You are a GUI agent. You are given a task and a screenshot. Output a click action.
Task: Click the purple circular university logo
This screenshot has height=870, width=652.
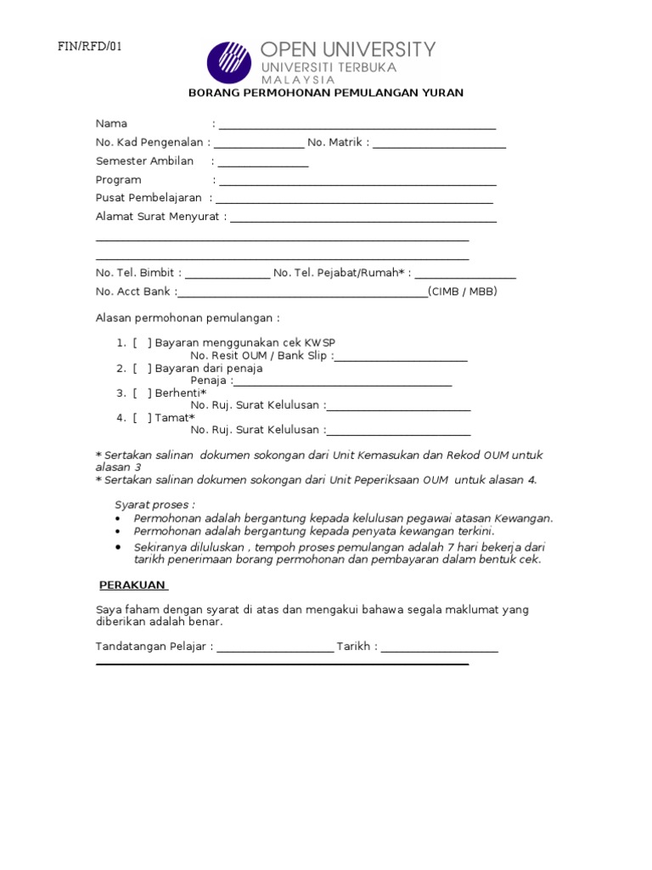tap(229, 62)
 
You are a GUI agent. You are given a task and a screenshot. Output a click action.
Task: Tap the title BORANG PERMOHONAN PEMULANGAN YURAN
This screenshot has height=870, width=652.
tap(325, 93)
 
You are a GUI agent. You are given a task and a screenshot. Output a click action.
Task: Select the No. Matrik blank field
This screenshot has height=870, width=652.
tap(439, 144)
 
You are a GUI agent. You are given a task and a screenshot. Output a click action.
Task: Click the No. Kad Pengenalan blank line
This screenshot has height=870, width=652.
tap(259, 144)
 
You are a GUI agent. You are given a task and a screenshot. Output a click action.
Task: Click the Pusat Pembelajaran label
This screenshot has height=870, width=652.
tap(149, 198)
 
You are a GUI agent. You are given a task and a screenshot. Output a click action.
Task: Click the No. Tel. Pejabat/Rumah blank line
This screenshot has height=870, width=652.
tap(465, 275)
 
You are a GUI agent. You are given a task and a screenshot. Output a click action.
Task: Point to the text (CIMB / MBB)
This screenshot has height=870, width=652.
tap(463, 291)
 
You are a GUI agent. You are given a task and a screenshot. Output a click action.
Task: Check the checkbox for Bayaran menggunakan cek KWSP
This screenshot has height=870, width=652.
tap(142, 342)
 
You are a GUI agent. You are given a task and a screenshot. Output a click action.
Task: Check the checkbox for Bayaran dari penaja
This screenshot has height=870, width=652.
tap(142, 368)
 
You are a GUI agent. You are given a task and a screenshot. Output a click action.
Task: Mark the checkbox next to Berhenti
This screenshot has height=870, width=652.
tap(142, 393)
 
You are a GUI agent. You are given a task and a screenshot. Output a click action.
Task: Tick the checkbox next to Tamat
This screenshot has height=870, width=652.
tap(142, 417)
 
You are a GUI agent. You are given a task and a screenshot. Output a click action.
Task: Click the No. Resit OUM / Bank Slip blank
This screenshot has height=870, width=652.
tap(402, 358)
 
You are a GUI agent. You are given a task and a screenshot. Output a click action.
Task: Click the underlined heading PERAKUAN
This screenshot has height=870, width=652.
tap(133, 585)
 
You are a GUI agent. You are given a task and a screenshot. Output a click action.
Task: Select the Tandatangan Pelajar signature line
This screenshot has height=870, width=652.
tap(275, 649)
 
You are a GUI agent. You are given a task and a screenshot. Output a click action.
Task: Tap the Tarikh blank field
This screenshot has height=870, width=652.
tap(440, 649)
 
